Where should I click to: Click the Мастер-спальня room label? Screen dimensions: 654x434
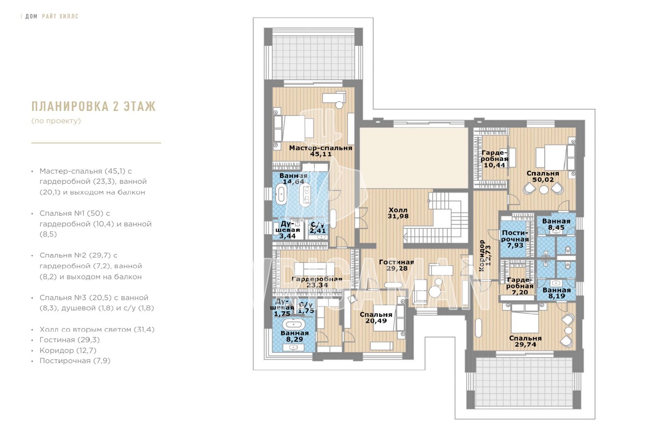(320, 148)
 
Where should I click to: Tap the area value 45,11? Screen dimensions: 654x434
(320, 154)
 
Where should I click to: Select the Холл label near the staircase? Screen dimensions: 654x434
(398, 210)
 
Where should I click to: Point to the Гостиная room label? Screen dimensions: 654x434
(396, 262)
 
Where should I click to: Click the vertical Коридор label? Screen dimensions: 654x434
(482, 255)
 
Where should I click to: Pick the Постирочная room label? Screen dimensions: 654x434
(515, 236)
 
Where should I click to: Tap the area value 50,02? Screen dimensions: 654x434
(543, 180)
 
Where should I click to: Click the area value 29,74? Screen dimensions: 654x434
(526, 344)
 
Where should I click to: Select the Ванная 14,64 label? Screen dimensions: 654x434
(293, 179)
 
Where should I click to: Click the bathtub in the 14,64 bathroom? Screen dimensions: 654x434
(281, 194)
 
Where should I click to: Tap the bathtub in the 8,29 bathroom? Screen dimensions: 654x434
(294, 324)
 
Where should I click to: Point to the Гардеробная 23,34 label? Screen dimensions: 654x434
(317, 282)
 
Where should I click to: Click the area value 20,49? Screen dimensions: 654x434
(376, 321)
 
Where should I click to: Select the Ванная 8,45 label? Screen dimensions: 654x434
(556, 224)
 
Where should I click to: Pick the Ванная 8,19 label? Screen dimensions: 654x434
(556, 293)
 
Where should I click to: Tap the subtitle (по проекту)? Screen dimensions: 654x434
(56, 121)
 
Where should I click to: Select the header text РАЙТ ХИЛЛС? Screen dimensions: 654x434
(60, 16)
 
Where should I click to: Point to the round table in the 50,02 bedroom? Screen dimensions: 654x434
(544, 190)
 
